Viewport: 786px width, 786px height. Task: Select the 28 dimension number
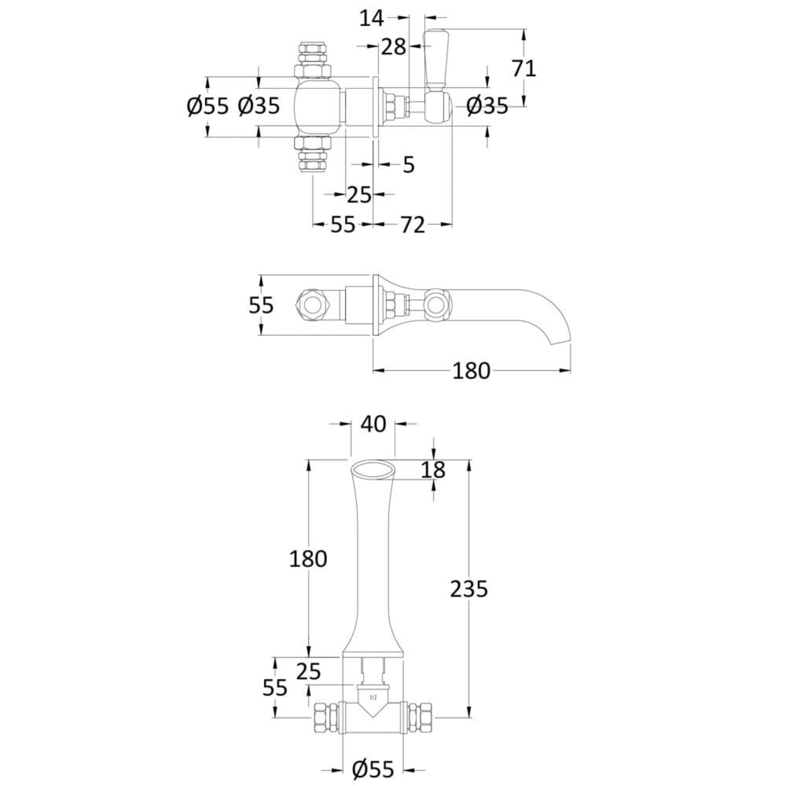[x=394, y=47]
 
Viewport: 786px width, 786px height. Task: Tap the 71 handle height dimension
[x=524, y=68]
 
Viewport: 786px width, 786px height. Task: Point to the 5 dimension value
[x=409, y=165]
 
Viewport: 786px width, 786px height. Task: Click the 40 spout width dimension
[x=373, y=424]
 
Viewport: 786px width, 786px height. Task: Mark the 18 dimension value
[x=433, y=470]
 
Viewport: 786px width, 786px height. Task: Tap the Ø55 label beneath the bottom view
[x=374, y=770]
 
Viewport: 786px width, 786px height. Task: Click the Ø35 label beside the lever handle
[x=487, y=106]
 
